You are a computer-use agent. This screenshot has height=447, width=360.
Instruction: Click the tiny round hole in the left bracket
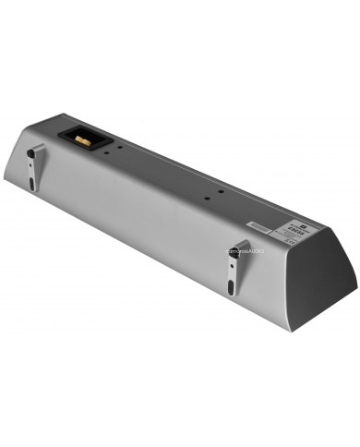[x=30, y=164]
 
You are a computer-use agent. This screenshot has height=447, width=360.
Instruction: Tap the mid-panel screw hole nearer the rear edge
[x=220, y=191]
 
